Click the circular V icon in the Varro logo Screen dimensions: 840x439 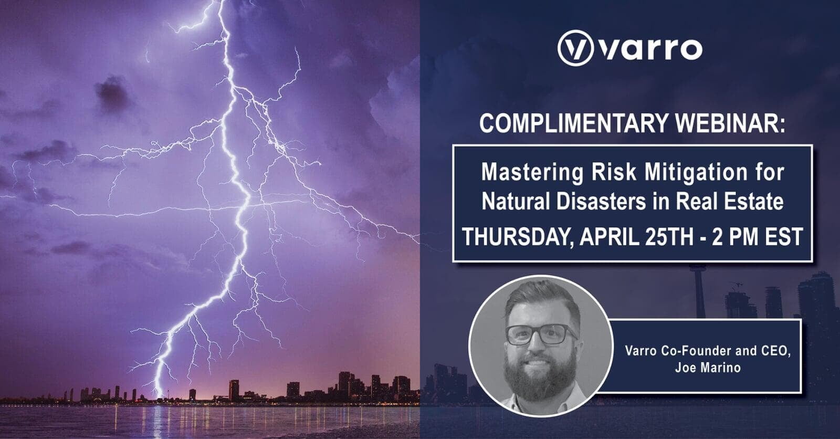pos(575,48)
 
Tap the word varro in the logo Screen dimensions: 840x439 pos(650,49)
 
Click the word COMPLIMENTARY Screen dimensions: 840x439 pos(574,123)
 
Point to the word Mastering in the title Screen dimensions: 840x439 pos(532,172)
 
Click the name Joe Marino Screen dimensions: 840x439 pos(708,368)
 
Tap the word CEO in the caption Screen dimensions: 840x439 pos(775,351)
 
